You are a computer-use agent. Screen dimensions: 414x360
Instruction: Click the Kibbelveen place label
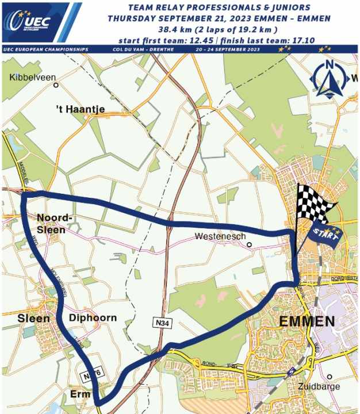coord(29,76)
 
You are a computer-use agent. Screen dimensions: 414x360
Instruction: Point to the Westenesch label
coord(220,236)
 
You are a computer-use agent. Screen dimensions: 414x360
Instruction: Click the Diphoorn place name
coord(93,318)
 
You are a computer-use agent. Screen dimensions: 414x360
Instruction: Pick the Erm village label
coord(80,394)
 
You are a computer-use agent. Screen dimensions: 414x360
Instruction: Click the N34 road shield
coord(163,323)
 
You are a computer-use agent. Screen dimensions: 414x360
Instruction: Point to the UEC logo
coord(35,22)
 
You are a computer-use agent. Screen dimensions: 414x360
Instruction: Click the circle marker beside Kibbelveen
coord(56,85)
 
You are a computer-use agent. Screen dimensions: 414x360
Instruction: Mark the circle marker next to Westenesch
coord(249,244)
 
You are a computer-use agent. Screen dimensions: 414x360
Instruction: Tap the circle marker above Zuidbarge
coord(330,377)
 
